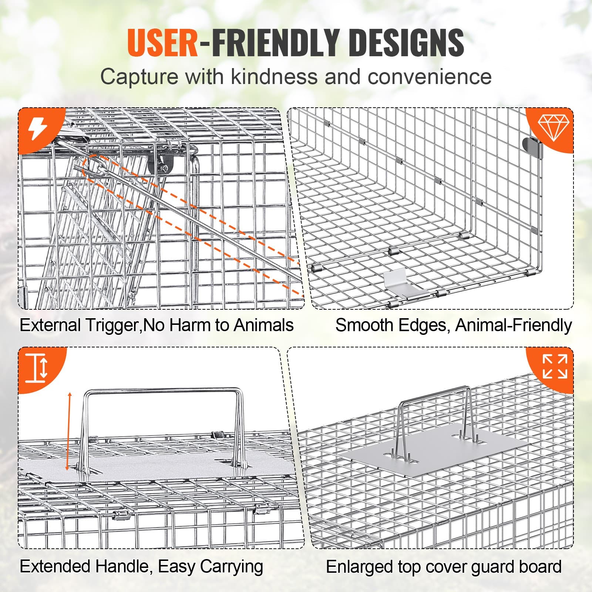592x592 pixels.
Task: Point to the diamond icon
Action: coord(554,127)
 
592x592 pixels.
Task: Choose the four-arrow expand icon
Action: coord(555,366)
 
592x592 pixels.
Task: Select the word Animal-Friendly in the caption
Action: coord(513,325)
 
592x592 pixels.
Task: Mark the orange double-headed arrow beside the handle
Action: coord(68,431)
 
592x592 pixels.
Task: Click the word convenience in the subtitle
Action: coord(429,77)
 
